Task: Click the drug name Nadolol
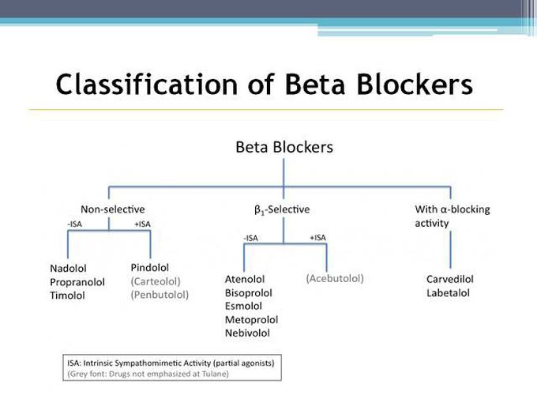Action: point(68,269)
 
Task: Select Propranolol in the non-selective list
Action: point(77,282)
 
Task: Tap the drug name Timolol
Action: point(67,296)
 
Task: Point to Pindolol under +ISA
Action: point(150,267)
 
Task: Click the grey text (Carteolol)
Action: point(156,281)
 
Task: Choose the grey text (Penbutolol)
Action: point(160,295)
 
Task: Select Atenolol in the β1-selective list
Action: point(245,279)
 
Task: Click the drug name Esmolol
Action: point(243,306)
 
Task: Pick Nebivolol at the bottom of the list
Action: point(247,333)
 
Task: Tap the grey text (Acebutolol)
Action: point(335,278)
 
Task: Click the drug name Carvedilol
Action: point(450,279)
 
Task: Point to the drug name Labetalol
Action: point(448,293)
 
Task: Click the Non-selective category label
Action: point(113,209)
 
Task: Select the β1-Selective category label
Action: point(282,209)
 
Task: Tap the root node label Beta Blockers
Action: point(284,147)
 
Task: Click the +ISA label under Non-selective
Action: point(142,224)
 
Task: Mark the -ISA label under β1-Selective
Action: point(250,238)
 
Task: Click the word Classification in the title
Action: point(147,85)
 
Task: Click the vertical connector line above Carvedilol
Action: point(450,250)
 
